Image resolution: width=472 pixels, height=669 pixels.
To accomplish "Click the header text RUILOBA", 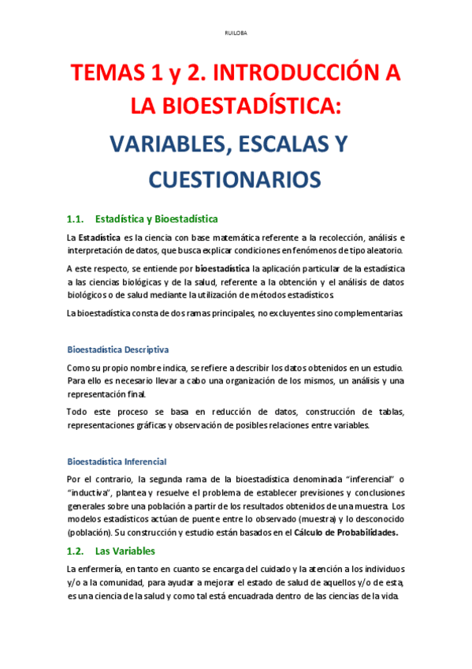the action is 236,33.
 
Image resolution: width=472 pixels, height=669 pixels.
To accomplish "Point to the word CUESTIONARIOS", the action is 235,179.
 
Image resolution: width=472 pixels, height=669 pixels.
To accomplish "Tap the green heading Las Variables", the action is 125,551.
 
